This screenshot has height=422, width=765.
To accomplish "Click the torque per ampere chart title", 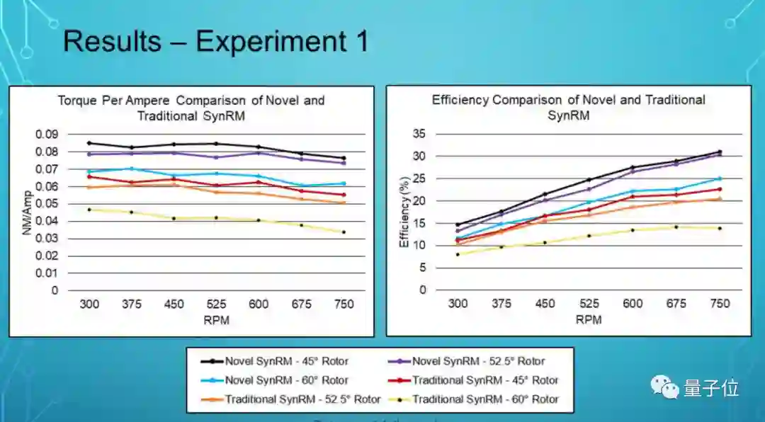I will [x=191, y=108].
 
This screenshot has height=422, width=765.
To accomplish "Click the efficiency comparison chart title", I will [x=569, y=107].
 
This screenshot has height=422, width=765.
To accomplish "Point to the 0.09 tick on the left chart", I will [x=47, y=135].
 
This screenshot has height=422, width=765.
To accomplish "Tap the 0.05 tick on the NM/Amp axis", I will [x=47, y=204].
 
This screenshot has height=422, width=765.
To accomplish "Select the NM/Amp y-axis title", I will [x=28, y=212].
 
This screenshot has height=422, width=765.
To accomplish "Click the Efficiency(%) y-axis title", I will [x=404, y=212].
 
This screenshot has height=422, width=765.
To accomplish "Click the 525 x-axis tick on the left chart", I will [x=216, y=304].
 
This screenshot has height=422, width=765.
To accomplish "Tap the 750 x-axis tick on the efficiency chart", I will [x=720, y=304].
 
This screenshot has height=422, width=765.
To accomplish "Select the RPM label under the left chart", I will [x=216, y=320].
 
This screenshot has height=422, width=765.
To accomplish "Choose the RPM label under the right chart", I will [x=589, y=319].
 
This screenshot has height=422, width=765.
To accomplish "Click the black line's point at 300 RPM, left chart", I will [x=89, y=143].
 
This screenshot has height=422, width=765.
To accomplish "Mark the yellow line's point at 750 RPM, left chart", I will [x=344, y=232].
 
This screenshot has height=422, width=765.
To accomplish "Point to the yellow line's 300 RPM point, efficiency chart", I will [x=458, y=254].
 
